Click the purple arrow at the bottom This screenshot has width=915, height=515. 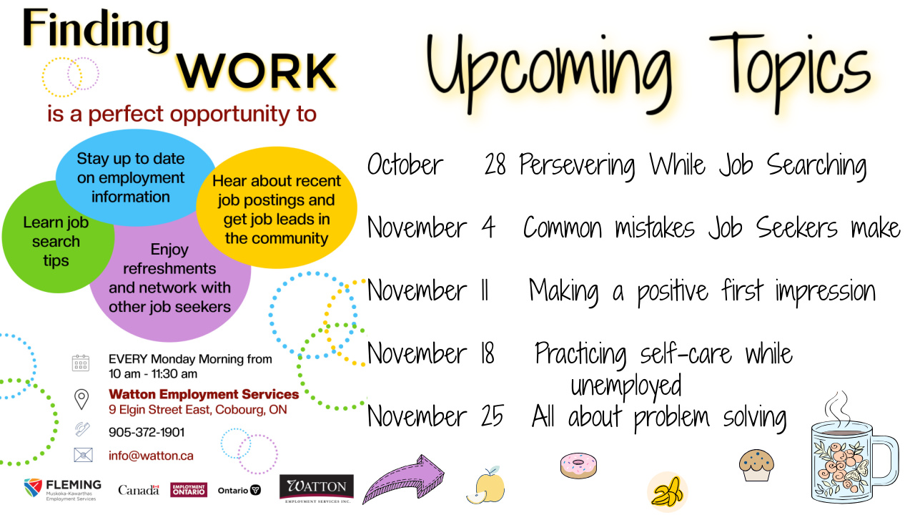[x=404, y=479]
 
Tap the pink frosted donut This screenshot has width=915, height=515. [x=578, y=465]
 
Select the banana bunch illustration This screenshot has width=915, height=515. [x=668, y=492]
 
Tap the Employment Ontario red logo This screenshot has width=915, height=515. [x=189, y=490]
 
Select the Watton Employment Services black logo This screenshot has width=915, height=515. [x=316, y=489]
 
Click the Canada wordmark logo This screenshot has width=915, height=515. [x=139, y=491]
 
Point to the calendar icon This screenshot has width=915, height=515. [x=81, y=363]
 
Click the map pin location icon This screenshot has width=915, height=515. [x=81, y=398]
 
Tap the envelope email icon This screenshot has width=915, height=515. [x=83, y=455]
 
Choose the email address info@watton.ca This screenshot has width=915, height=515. [x=151, y=456]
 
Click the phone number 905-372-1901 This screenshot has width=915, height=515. [x=147, y=432]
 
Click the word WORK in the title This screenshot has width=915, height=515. [x=257, y=70]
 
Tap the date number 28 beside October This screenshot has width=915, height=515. [x=495, y=165]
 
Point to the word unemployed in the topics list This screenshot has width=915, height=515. [x=625, y=386]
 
